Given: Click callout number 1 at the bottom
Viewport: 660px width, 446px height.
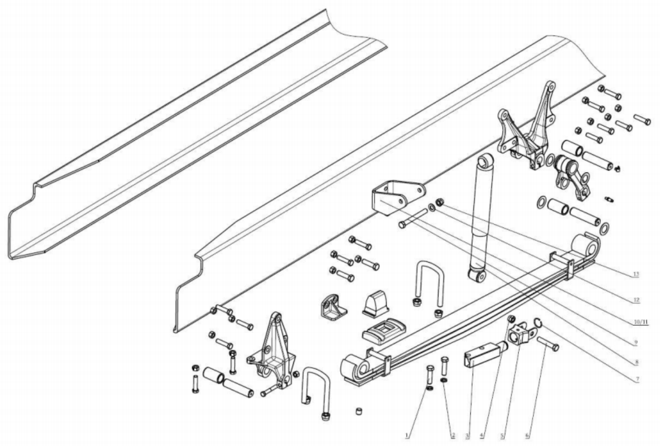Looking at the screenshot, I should [408, 435].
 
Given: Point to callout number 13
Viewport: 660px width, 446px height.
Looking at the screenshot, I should [635, 274].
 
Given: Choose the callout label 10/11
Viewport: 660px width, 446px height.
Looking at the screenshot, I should [640, 322].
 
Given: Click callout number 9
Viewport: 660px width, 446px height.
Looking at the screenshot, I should [635, 342].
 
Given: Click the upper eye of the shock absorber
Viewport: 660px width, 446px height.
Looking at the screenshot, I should [485, 160].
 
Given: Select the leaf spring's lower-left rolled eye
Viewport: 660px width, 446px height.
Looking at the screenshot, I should [355, 368].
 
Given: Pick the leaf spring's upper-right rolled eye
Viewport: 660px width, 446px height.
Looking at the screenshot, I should [590, 246].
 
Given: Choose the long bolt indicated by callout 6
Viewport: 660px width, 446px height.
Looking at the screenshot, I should [548, 344].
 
